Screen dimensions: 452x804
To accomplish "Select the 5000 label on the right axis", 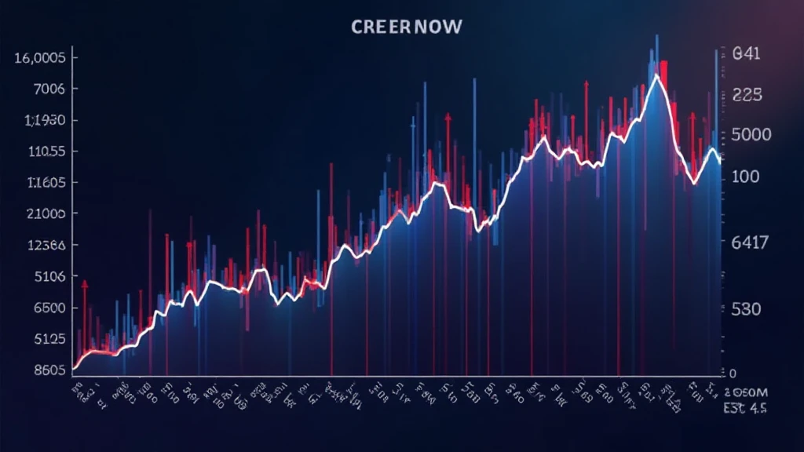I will point(751,135).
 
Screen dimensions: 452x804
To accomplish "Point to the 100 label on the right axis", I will point(746,177).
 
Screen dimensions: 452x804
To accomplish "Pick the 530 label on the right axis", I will point(747,309).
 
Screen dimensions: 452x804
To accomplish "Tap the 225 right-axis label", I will point(747,95).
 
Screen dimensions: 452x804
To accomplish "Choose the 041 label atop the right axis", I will point(747,56).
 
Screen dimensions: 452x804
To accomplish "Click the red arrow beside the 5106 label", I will point(85,288).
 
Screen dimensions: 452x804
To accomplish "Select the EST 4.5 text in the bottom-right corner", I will point(745,408).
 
